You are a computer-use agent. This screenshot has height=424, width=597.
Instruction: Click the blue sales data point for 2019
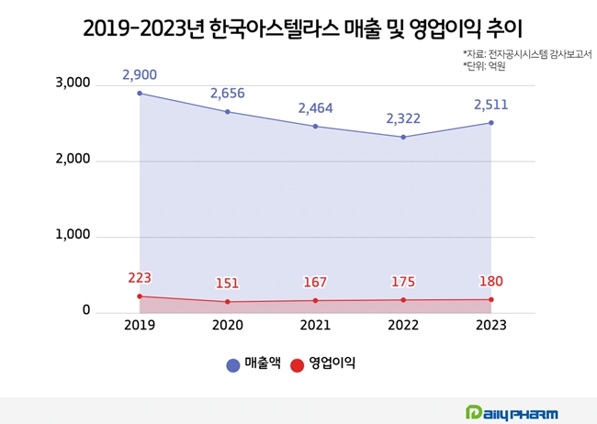pyautogui.click(x=140, y=94)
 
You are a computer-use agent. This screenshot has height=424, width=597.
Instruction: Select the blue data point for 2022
pyautogui.click(x=403, y=138)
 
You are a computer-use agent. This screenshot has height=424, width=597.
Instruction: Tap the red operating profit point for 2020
pyautogui.click(x=228, y=302)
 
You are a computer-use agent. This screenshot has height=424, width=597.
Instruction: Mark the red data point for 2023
pyautogui.click(x=491, y=299)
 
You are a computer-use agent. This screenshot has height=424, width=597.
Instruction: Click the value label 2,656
pyautogui.click(x=228, y=93)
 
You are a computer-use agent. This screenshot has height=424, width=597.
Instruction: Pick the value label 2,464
pyautogui.click(x=315, y=108)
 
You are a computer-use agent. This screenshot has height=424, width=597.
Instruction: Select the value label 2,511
pyautogui.click(x=490, y=105)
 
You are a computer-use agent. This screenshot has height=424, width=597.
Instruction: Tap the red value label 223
pyautogui.click(x=140, y=278)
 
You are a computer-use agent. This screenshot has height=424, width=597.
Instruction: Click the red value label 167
pyautogui.click(x=315, y=283)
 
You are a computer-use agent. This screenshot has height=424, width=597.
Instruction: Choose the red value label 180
pyautogui.click(x=490, y=281)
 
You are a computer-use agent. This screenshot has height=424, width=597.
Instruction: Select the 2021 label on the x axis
pyautogui.click(x=315, y=325)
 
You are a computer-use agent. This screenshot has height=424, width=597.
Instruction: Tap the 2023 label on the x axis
pyautogui.click(x=490, y=325)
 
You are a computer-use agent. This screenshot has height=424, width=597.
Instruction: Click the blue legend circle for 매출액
pyautogui.click(x=233, y=364)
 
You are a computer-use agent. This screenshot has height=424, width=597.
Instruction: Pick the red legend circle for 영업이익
pyautogui.click(x=297, y=364)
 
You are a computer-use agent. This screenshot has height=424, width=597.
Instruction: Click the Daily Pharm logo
pyautogui.click(x=512, y=412)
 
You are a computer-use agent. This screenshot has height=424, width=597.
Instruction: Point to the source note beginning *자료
pyautogui.click(x=526, y=54)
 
